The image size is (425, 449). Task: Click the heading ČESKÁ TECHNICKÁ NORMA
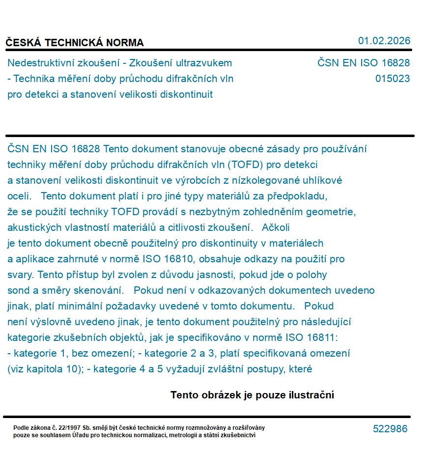pos(75,43)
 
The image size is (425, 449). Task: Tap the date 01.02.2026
pos(384,41)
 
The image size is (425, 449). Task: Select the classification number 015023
pos(392,79)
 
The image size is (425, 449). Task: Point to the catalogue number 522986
pos(390,429)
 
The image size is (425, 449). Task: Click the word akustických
pos(34,227)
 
